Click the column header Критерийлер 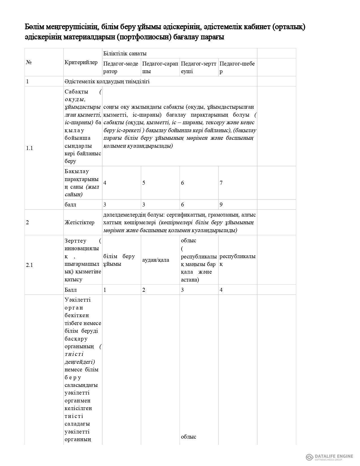[81, 62]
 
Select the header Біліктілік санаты [125, 53]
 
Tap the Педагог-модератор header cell [121, 67]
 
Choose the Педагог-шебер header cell [237, 67]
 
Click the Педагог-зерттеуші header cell [198, 67]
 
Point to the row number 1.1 [29, 148]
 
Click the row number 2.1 [29, 265]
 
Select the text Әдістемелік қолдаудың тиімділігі [107, 82]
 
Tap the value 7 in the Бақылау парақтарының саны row [221, 183]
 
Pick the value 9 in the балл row [221, 204]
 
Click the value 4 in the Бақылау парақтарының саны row [105, 183]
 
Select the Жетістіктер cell [79, 222]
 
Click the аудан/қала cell [156, 260]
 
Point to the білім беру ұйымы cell [119, 260]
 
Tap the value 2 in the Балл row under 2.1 [144, 290]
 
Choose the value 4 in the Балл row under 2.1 [221, 290]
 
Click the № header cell [29, 62]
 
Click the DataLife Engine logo [330, 457]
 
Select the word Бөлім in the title [34, 27]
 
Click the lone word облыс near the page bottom [188, 437]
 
